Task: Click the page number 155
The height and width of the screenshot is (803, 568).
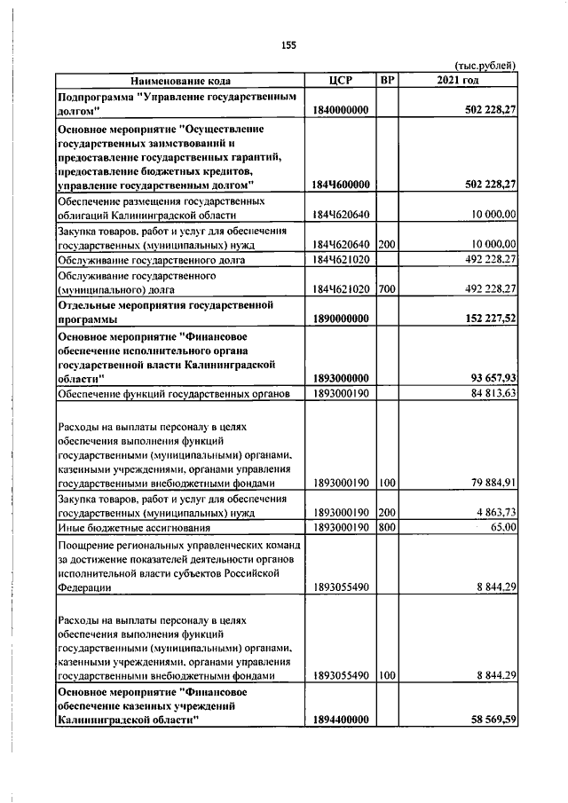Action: click(288, 45)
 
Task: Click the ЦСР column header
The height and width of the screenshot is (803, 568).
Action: click(341, 81)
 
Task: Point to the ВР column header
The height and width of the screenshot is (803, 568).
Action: click(386, 81)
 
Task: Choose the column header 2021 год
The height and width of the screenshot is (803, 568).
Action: click(458, 81)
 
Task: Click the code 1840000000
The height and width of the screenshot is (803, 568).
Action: click(341, 109)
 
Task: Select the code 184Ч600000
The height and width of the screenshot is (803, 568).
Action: click(341, 184)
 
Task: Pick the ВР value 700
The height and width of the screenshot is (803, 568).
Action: click(386, 288)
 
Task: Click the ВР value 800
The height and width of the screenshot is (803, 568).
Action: click(386, 527)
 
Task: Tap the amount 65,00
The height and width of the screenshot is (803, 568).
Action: click(503, 527)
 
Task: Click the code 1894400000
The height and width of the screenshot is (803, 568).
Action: click(341, 720)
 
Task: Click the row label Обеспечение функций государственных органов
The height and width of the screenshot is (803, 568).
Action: click(174, 393)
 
